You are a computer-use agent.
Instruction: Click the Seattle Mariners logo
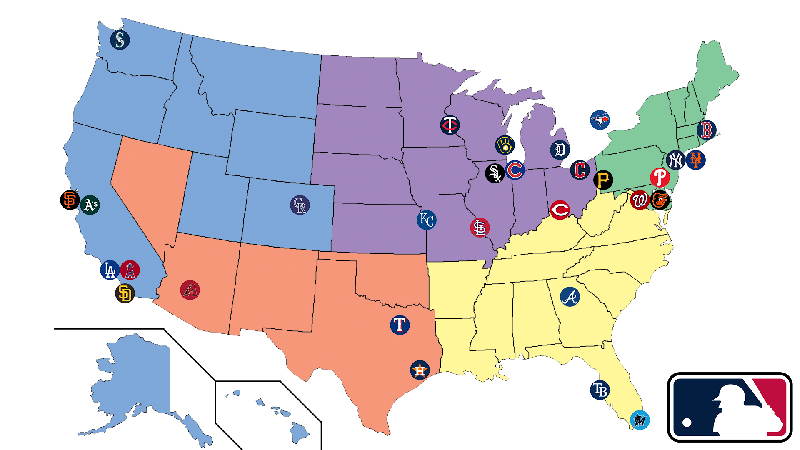120,40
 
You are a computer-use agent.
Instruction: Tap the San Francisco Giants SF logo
70,200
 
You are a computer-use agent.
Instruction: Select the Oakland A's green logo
90,205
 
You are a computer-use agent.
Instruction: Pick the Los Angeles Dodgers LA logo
110,270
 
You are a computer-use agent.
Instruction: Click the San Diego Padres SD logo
125,293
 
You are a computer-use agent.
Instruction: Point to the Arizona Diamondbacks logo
190,290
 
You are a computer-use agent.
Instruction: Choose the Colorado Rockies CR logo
300,205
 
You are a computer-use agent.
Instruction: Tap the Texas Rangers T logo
400,325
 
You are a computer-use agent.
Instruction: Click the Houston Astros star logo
420,370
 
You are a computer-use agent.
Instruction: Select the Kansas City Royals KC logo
427,220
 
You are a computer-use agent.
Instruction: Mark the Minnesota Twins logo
450,125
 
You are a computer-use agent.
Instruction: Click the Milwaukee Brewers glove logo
505,145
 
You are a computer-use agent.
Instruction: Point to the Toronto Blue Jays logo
600,120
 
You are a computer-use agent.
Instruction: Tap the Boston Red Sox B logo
707,130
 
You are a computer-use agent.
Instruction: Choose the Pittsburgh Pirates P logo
603,180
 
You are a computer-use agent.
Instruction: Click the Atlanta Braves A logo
570,297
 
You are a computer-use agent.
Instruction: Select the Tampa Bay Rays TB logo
600,390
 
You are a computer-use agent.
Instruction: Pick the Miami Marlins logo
640,420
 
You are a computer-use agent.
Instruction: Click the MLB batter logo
730,407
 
